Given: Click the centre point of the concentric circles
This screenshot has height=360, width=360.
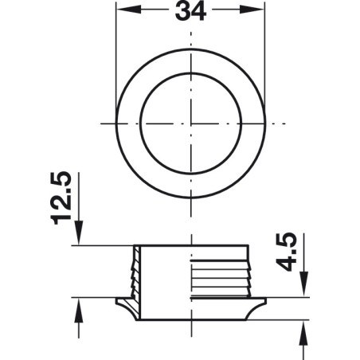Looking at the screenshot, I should (191, 124).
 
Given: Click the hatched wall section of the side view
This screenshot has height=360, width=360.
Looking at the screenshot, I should (136, 271).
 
